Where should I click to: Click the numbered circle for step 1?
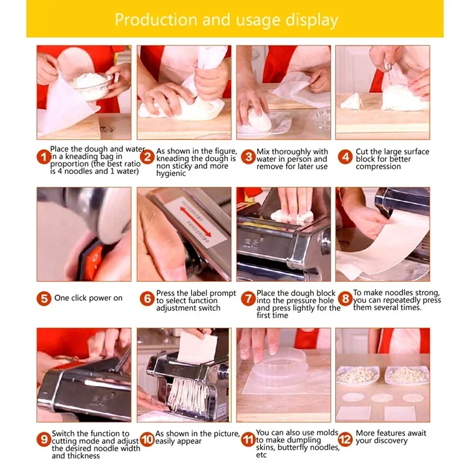coord(43,157)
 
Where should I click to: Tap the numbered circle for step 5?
coord(43,298)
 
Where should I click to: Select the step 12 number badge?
coord(345,439)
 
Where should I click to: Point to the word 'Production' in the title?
coord(156,20)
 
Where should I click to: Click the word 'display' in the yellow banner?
coord(312,21)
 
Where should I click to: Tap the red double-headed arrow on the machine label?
coord(196,219)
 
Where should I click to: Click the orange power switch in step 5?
coord(93,258)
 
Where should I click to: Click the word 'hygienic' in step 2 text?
coord(171,174)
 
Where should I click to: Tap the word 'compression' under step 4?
coord(378,167)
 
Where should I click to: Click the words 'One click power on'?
coord(89,298)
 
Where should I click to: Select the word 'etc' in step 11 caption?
coord(261,455)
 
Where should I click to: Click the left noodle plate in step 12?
coord(358,375)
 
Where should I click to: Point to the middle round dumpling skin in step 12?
coord(382,398)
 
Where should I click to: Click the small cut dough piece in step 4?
coord(351,101)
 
